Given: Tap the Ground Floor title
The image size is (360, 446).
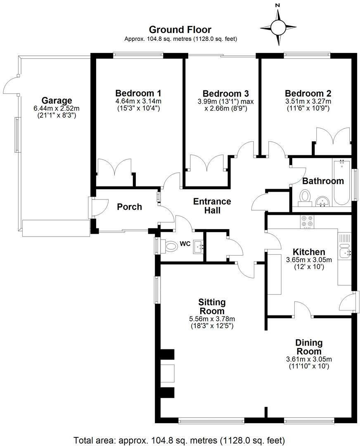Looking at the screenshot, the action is [180, 30].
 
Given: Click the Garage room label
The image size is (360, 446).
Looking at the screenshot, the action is [57, 100].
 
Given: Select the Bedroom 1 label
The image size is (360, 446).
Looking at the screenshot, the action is [138, 93].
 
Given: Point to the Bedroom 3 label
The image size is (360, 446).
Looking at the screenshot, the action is [225, 93].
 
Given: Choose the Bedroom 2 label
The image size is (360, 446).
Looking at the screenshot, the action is [308, 93].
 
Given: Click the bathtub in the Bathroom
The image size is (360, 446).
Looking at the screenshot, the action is [341, 183].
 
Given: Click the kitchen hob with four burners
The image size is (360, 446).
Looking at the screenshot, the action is [307, 222].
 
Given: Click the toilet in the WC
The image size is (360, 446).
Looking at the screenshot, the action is [168, 245].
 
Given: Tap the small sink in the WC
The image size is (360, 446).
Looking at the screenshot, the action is [198, 246].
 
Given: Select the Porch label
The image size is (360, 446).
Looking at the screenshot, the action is [129, 207].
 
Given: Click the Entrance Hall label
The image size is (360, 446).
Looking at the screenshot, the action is [212, 206].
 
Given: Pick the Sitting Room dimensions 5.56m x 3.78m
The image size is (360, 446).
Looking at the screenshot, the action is [212, 319].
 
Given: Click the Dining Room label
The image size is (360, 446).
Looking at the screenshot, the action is [309, 347].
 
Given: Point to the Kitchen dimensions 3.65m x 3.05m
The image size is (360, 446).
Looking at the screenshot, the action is [309, 260].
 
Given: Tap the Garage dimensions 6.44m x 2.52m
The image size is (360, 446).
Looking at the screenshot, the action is [57, 108].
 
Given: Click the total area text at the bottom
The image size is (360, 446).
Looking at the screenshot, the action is [180, 440].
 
